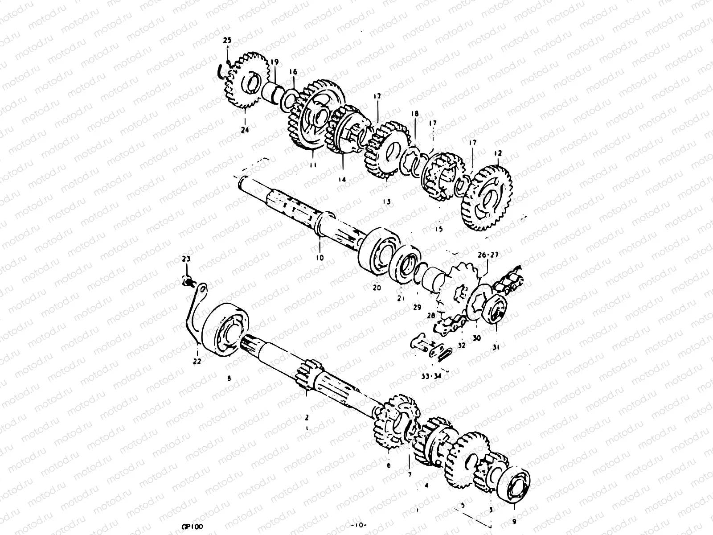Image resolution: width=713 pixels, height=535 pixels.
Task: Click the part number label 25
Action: [x=227, y=41]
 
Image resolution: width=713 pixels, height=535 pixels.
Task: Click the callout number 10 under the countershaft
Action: [x=320, y=258]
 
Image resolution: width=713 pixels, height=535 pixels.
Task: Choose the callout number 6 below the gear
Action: [x=388, y=465]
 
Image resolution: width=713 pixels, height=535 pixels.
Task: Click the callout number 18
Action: [x=415, y=114]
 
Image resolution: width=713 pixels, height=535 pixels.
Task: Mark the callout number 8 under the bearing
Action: [x=229, y=379]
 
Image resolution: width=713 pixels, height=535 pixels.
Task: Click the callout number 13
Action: [x=386, y=202]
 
